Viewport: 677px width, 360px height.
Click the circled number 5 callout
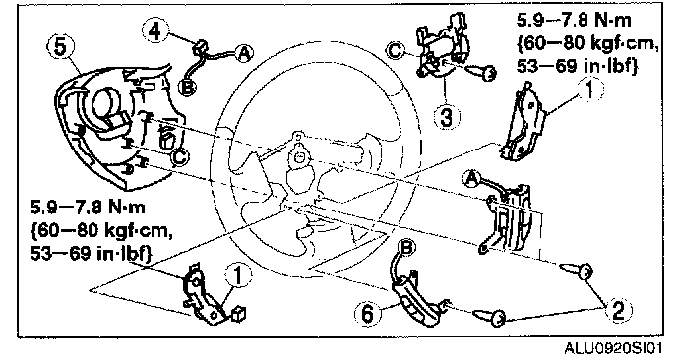pos(62,48)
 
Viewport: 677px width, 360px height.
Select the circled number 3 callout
pos(445,117)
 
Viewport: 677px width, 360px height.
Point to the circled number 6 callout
pos(368,314)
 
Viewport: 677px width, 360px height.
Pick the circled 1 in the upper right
pos(589,90)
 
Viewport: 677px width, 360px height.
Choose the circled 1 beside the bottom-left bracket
pos(238,275)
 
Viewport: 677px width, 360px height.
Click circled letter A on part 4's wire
pos(244,53)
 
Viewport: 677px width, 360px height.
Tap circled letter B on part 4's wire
pos(188,88)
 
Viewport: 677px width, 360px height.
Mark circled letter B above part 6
pos(407,248)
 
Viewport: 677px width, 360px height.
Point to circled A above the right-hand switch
pos(471,178)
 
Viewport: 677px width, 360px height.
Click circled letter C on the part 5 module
pos(179,158)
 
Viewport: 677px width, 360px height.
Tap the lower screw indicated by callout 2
pos(489,318)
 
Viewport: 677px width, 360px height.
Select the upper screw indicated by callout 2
pos(575,270)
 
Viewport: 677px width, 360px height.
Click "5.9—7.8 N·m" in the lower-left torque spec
pos(88,208)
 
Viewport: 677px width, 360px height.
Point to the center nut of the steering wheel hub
pos(298,157)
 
